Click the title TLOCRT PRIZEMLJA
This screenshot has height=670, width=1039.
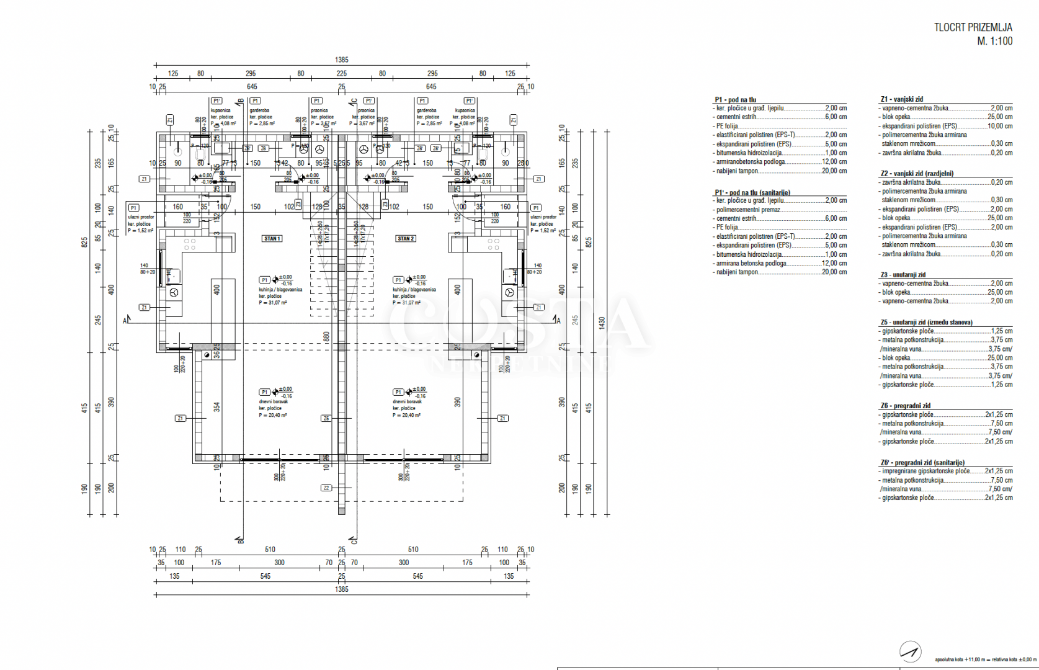[973, 27]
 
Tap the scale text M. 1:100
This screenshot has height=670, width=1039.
[994, 42]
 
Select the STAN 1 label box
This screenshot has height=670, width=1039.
[272, 239]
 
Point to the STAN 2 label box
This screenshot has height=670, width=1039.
[406, 239]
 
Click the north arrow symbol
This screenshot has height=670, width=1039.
[910, 651]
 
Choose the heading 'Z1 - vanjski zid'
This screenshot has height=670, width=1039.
[901, 99]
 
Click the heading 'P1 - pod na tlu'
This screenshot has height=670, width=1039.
[735, 99]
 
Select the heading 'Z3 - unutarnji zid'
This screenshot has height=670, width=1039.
[903, 275]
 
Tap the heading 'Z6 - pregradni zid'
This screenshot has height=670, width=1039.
[905, 406]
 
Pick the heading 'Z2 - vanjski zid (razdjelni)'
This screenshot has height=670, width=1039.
[916, 174]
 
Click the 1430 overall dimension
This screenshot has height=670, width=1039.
[602, 323]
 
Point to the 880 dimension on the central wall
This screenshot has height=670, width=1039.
[327, 337]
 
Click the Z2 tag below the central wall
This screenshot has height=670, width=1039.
[326, 488]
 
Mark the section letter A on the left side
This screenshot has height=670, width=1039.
[125, 321]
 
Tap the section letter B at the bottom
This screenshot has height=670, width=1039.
[241, 540]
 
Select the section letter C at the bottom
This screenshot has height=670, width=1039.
[354, 540]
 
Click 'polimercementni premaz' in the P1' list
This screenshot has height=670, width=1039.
[748, 210]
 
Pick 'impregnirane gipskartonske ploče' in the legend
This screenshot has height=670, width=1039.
[925, 471]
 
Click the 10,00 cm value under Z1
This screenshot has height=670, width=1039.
[1000, 126]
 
